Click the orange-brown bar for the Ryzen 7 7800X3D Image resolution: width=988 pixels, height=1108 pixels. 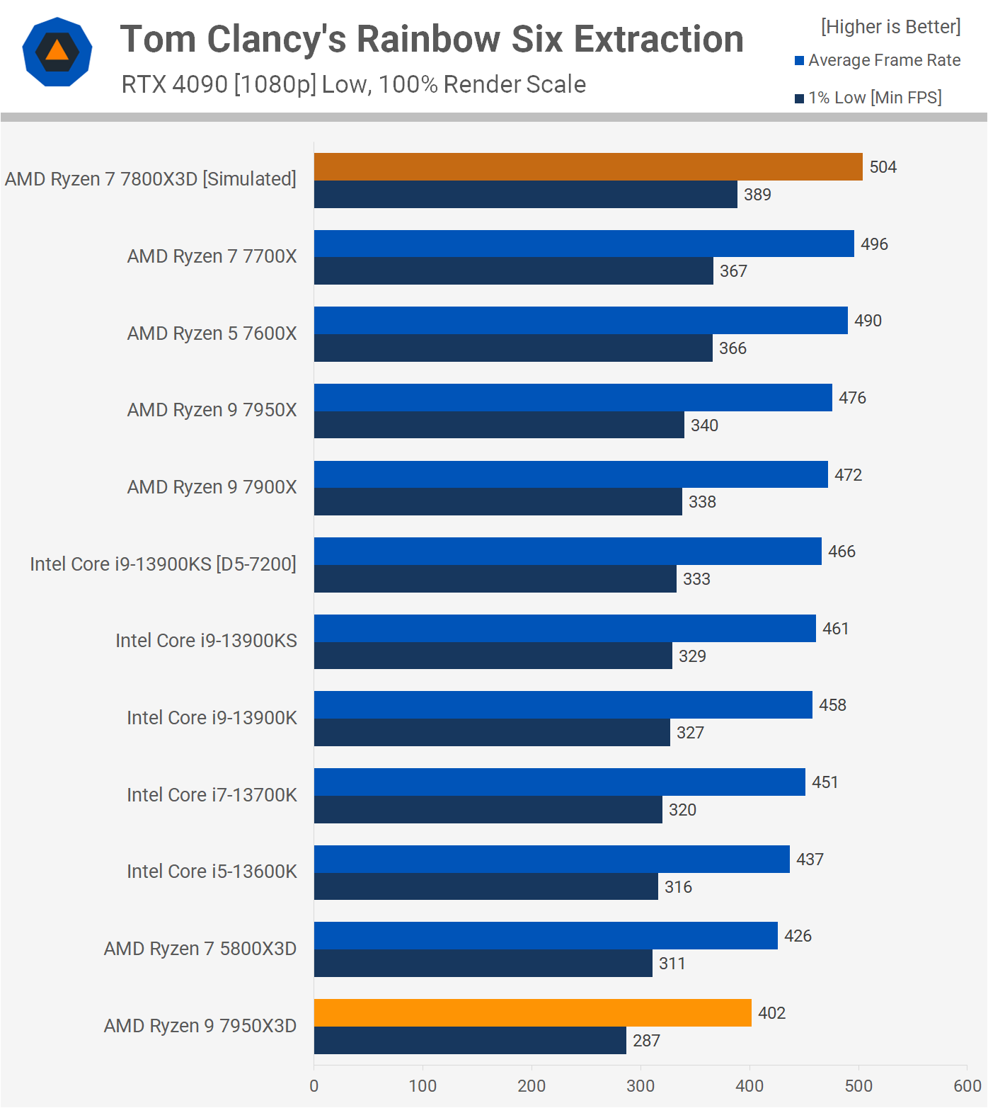(587, 166)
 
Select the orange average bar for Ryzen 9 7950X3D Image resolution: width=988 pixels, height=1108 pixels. (532, 1012)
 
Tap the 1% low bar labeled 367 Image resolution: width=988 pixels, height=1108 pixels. (513, 271)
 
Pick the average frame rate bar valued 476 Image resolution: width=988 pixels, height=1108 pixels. (573, 397)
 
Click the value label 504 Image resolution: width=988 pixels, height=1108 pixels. (883, 167)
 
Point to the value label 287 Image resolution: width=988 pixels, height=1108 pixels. (646, 1041)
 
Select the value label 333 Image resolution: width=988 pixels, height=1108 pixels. (696, 579)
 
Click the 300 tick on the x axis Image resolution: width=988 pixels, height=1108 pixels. (641, 1086)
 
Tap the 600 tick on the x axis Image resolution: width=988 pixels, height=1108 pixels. (967, 1086)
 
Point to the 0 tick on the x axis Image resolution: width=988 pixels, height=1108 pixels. (314, 1086)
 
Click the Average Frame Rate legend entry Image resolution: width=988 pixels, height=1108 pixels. (878, 60)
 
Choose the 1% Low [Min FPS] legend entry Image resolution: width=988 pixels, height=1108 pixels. (868, 98)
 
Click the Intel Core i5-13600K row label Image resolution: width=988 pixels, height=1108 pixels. (212, 872)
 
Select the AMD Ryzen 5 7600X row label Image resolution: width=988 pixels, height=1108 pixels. (212, 333)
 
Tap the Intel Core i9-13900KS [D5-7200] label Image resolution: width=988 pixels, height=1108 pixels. (163, 564)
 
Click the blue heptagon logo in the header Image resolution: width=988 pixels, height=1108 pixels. (57, 52)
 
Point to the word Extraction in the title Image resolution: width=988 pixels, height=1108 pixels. (658, 39)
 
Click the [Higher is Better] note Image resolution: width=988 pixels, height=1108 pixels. (890, 27)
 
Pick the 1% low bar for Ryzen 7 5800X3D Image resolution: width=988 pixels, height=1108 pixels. (483, 964)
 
